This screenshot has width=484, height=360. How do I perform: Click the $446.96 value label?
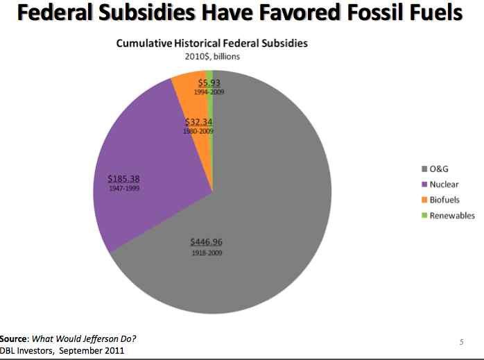[207, 242]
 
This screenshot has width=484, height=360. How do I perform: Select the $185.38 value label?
[123, 178]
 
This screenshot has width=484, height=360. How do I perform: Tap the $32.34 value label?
[198, 122]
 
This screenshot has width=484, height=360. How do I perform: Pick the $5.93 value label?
[209, 83]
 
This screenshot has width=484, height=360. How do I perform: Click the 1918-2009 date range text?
[207, 252]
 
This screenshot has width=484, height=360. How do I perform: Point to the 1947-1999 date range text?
[123, 188]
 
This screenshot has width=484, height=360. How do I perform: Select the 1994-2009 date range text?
[209, 92]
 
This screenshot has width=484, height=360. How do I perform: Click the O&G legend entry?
[435, 169]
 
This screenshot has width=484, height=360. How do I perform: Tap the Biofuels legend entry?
[440, 200]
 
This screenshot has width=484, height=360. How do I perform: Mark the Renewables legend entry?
[447, 215]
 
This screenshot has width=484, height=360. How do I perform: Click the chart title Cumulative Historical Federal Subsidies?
[211, 43]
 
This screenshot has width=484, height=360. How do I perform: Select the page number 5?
[461, 341]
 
